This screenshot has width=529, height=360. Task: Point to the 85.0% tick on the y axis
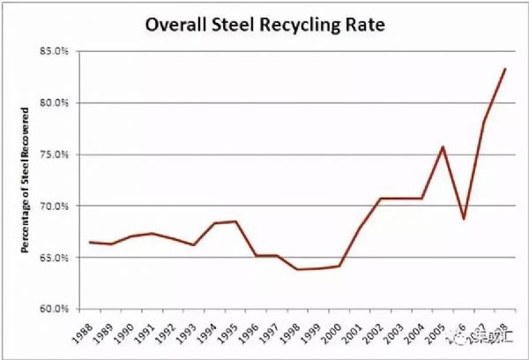click(55, 51)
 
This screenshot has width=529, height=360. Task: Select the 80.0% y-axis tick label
click(55, 102)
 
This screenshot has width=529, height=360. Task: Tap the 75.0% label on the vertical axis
click(55, 154)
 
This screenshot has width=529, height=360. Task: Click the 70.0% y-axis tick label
click(55, 206)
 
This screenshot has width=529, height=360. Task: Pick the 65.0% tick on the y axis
click(55, 258)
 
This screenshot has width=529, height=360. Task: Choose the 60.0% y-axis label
click(55, 309)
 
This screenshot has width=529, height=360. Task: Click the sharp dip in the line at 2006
click(463, 219)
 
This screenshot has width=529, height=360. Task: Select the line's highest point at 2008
click(505, 69)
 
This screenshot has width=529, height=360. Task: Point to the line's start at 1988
click(91, 242)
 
